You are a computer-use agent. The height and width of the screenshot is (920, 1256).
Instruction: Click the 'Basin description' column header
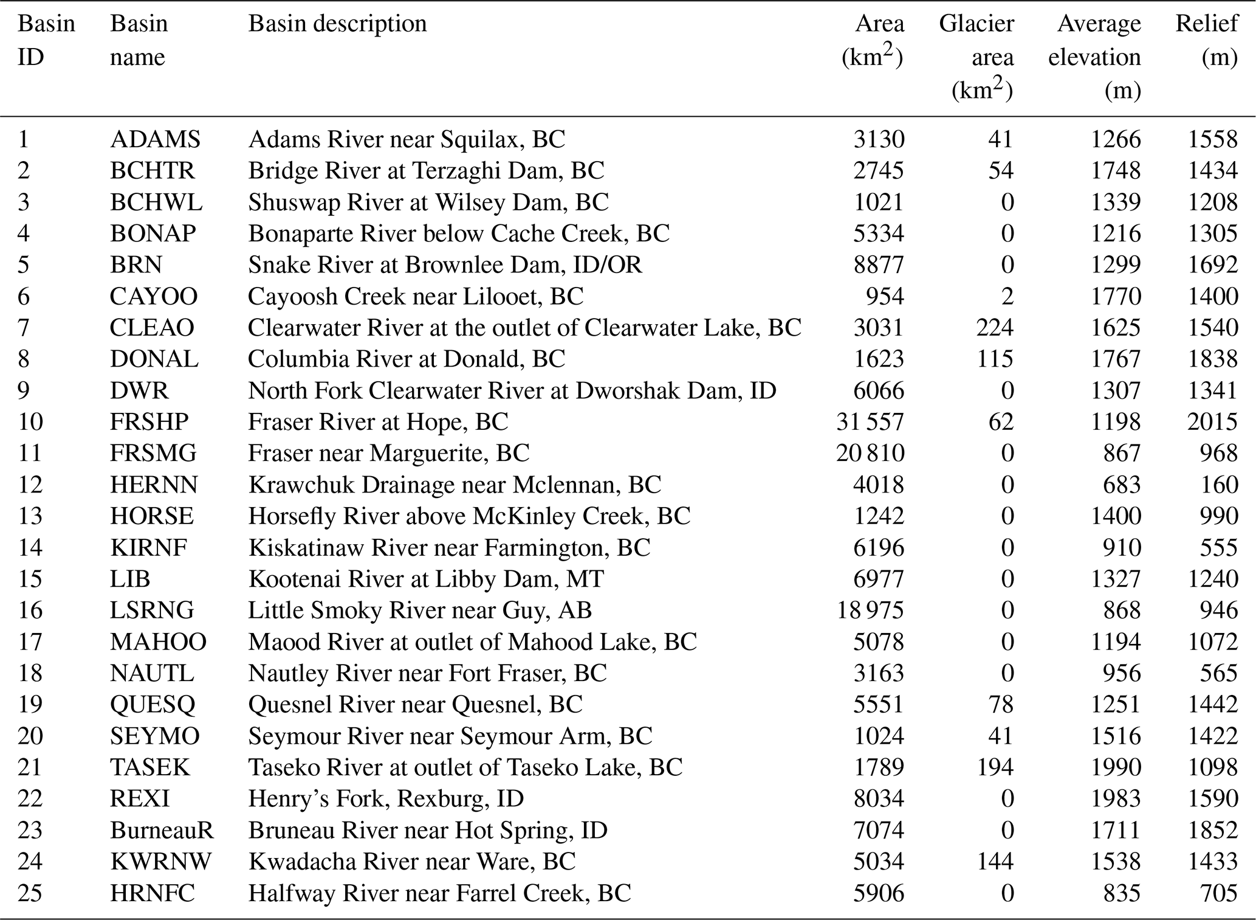point(337,24)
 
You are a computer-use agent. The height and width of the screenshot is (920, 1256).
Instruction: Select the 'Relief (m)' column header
point(1206,40)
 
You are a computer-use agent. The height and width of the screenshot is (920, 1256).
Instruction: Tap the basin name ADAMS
point(155,139)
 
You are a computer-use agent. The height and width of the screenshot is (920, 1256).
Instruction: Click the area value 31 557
point(870,421)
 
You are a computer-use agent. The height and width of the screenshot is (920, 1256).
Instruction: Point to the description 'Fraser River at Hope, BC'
point(378,421)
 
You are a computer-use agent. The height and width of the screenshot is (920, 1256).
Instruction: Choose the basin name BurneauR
point(162,830)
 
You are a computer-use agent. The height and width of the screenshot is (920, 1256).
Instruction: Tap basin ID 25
point(30,893)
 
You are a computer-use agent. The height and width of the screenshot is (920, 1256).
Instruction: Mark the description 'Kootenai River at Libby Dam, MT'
point(426,578)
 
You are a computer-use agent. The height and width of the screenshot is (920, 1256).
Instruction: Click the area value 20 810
point(870,453)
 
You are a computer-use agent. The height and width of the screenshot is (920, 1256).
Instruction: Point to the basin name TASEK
point(150,767)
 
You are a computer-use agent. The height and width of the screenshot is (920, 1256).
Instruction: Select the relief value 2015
point(1212,421)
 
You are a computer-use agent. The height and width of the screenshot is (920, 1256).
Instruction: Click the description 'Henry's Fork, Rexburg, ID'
point(386,798)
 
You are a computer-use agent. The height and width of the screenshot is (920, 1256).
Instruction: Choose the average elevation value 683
point(1122,485)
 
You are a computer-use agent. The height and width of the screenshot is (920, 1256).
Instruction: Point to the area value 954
point(885,296)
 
